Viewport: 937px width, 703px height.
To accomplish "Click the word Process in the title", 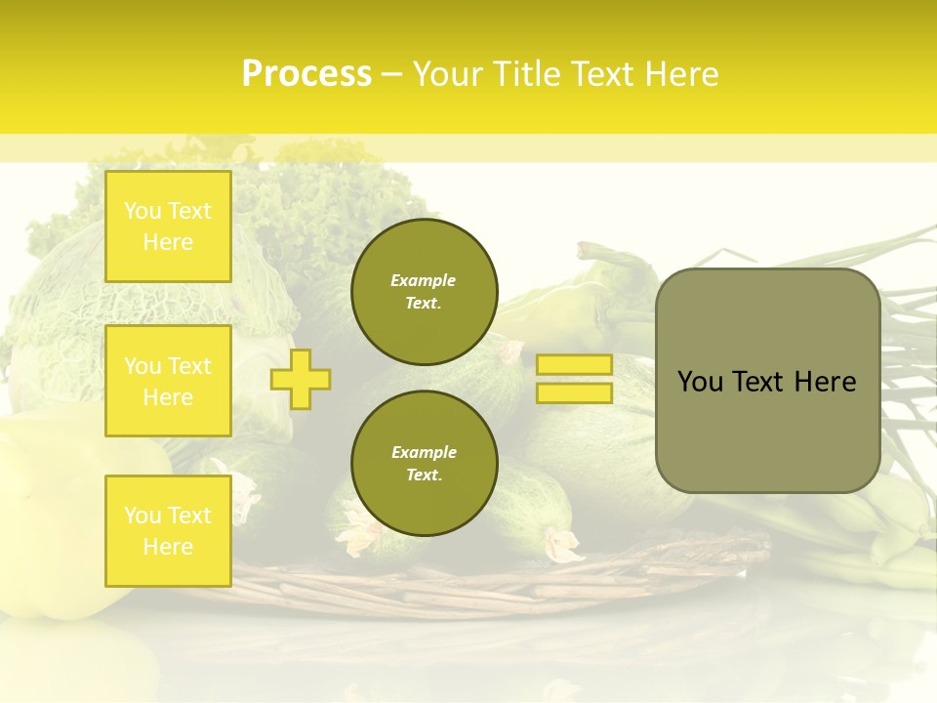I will pos(306,74).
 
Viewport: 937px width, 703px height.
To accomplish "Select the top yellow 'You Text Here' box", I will pos(168,227).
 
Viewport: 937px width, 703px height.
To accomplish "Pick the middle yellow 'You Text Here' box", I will pos(168,381).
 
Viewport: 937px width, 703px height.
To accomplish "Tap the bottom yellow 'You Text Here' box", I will pos(168,530).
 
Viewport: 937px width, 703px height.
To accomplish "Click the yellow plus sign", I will pos(301,379).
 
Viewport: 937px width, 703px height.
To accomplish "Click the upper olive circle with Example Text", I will pos(424,292).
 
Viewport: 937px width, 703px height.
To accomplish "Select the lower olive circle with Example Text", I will pos(424,463).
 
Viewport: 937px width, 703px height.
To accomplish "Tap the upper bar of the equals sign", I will pos(574,364).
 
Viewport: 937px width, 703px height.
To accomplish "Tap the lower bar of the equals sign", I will pos(574,393).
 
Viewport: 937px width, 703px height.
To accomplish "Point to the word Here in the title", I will pos(682,74).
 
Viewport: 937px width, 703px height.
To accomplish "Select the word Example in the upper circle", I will pos(424,280).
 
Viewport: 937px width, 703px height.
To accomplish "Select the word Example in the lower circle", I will pos(424,452).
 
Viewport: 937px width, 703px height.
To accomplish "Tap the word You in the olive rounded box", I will pos(700,382).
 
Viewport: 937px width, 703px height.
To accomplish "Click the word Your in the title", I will pos(449,74).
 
